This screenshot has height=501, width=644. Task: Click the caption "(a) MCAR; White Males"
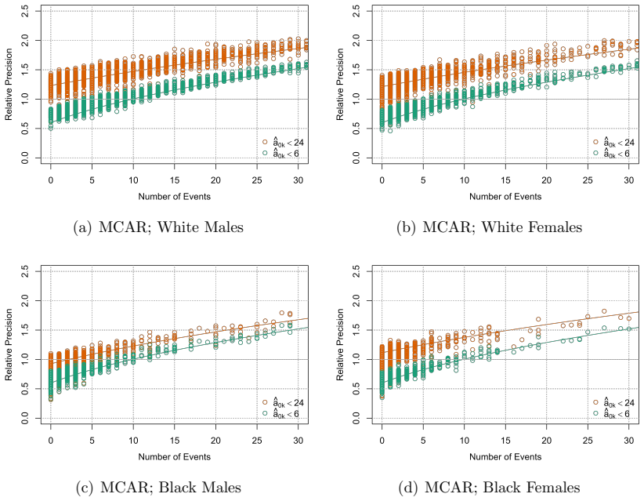pyautogui.click(x=158, y=227)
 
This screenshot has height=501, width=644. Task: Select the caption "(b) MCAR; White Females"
pyautogui.click(x=489, y=227)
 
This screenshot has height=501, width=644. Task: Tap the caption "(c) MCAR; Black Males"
pyautogui.click(x=158, y=487)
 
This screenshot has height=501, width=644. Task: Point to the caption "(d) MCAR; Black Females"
pyautogui.click(x=489, y=487)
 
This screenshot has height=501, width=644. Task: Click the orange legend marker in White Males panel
pyautogui.click(x=265, y=142)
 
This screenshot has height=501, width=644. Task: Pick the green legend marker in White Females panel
pyautogui.click(x=596, y=153)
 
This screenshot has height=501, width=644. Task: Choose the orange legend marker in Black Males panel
pyautogui.click(x=265, y=402)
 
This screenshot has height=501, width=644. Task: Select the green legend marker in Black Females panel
pyautogui.click(x=596, y=413)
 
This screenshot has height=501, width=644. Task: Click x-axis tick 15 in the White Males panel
pyautogui.click(x=175, y=180)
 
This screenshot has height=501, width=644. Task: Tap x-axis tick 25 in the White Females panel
pyautogui.click(x=588, y=180)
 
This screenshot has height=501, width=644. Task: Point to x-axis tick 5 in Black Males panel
pyautogui.click(x=92, y=440)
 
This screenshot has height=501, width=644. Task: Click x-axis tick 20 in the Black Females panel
pyautogui.click(x=547, y=440)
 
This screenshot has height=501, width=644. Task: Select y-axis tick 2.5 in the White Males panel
pyautogui.click(x=24, y=11)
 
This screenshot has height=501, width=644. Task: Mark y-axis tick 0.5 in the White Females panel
pyautogui.click(x=356, y=129)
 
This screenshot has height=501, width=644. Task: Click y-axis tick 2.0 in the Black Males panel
pyautogui.click(x=24, y=301)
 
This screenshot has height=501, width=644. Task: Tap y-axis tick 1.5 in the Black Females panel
pyautogui.click(x=356, y=330)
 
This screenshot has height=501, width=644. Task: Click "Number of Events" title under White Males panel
pyautogui.click(x=175, y=197)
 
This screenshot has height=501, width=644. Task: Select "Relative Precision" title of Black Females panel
pyautogui.click(x=340, y=344)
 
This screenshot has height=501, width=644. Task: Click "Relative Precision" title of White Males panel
pyautogui.click(x=9, y=84)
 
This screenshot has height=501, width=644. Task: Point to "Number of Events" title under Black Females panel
pyautogui.click(x=505, y=456)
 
